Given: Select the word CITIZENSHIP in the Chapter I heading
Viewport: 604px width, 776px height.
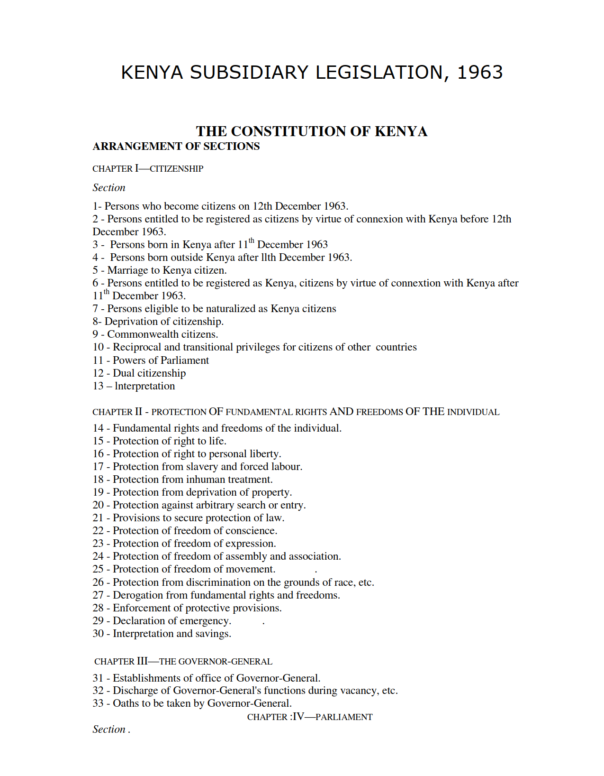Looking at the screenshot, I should point(176,169).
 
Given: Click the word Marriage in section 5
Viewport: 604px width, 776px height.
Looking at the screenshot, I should point(127,270).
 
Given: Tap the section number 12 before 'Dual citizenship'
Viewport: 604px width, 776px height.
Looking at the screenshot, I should point(98,373).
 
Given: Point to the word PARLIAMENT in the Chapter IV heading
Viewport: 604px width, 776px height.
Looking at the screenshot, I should point(344,717).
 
